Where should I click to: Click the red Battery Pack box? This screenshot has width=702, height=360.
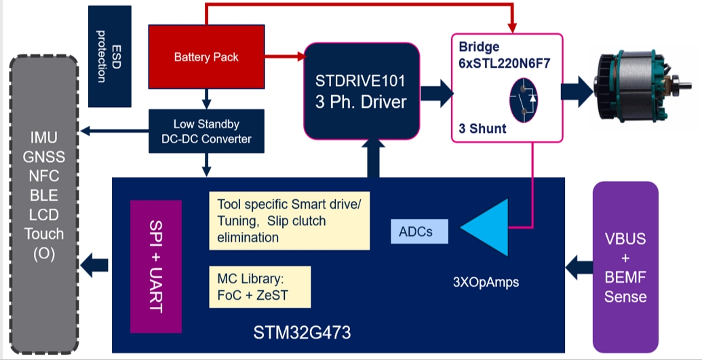(206, 57)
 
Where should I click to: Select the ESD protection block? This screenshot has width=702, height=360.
(110, 56)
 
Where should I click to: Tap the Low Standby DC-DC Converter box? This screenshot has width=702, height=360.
(206, 132)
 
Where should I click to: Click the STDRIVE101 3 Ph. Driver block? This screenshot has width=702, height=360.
(362, 92)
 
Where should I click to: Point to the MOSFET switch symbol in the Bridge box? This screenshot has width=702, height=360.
(524, 100)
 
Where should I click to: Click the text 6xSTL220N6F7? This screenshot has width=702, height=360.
(504, 63)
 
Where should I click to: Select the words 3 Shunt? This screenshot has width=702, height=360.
(482, 129)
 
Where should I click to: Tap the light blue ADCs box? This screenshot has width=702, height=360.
(419, 231)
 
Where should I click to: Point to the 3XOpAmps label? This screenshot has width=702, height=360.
(486, 282)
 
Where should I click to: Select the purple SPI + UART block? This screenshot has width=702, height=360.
(156, 266)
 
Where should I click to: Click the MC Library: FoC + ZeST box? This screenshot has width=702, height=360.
(260, 287)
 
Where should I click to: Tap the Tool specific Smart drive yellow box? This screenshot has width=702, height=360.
(290, 221)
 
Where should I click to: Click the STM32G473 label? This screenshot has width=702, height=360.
(303, 333)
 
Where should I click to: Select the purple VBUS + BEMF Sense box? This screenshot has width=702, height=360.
(625, 267)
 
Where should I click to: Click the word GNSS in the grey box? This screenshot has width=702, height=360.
(44, 157)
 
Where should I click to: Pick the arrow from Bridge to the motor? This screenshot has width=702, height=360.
(577, 92)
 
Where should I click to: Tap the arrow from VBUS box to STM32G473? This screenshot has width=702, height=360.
(579, 267)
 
